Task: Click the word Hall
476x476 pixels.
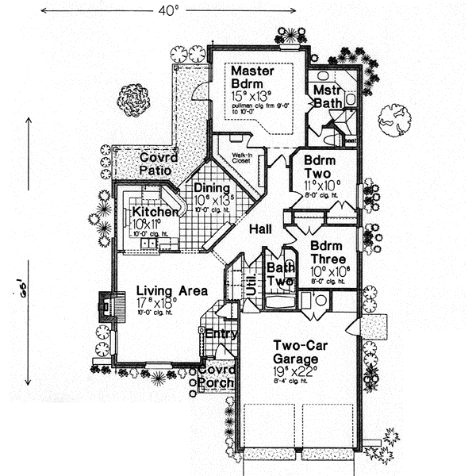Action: point(260,229)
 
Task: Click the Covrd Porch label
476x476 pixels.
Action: point(217,377)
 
